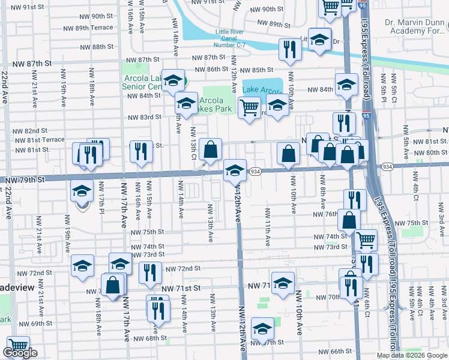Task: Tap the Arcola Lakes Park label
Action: (x=215, y=104)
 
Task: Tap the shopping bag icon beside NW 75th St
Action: (x=349, y=220)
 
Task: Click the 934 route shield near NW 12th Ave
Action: (x=255, y=172)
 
